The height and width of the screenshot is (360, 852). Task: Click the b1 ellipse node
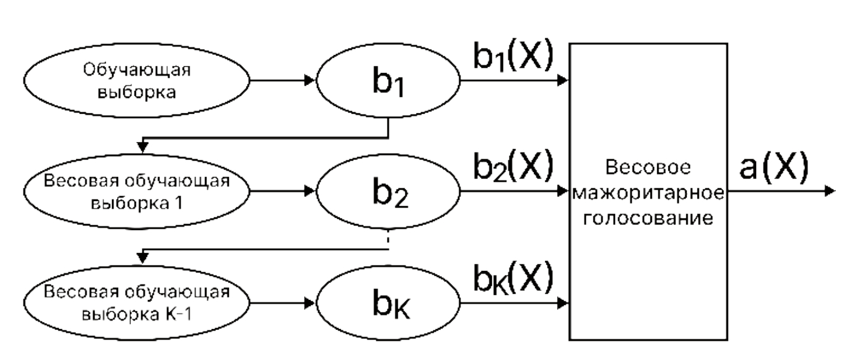388,80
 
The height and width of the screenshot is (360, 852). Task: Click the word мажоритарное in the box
648,192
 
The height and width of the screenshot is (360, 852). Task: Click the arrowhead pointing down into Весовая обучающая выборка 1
143,148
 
